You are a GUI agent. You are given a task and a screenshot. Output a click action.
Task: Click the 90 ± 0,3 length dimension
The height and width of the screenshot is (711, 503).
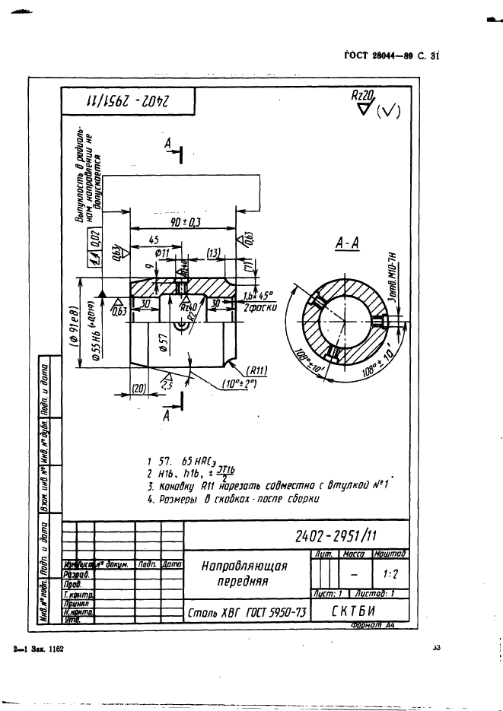(x=185, y=221)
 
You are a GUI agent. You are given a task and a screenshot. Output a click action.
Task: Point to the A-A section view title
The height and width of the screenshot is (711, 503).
(x=347, y=243)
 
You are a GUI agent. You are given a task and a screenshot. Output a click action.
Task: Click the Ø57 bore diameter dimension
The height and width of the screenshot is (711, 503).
(x=163, y=340)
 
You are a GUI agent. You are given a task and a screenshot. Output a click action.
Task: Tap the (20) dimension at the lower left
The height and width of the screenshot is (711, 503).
(x=138, y=388)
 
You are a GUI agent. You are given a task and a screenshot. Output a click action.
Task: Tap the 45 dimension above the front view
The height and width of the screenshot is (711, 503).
(x=153, y=240)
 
